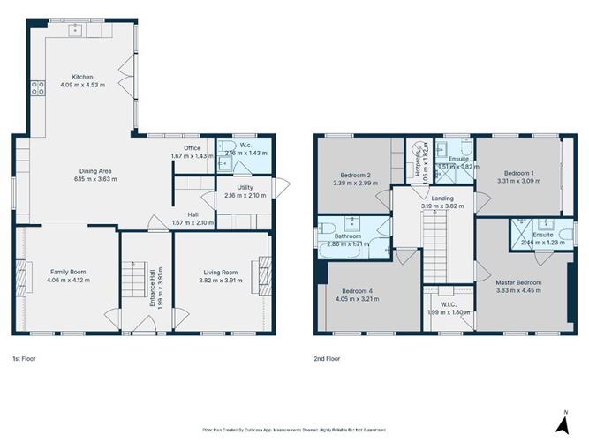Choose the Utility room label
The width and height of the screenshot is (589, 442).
point(245,188)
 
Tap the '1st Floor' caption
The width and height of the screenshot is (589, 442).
point(25,359)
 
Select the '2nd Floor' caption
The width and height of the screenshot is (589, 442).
point(327,359)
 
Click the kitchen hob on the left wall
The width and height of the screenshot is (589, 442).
point(38,86)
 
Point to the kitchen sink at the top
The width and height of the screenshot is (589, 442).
point(76,30)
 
